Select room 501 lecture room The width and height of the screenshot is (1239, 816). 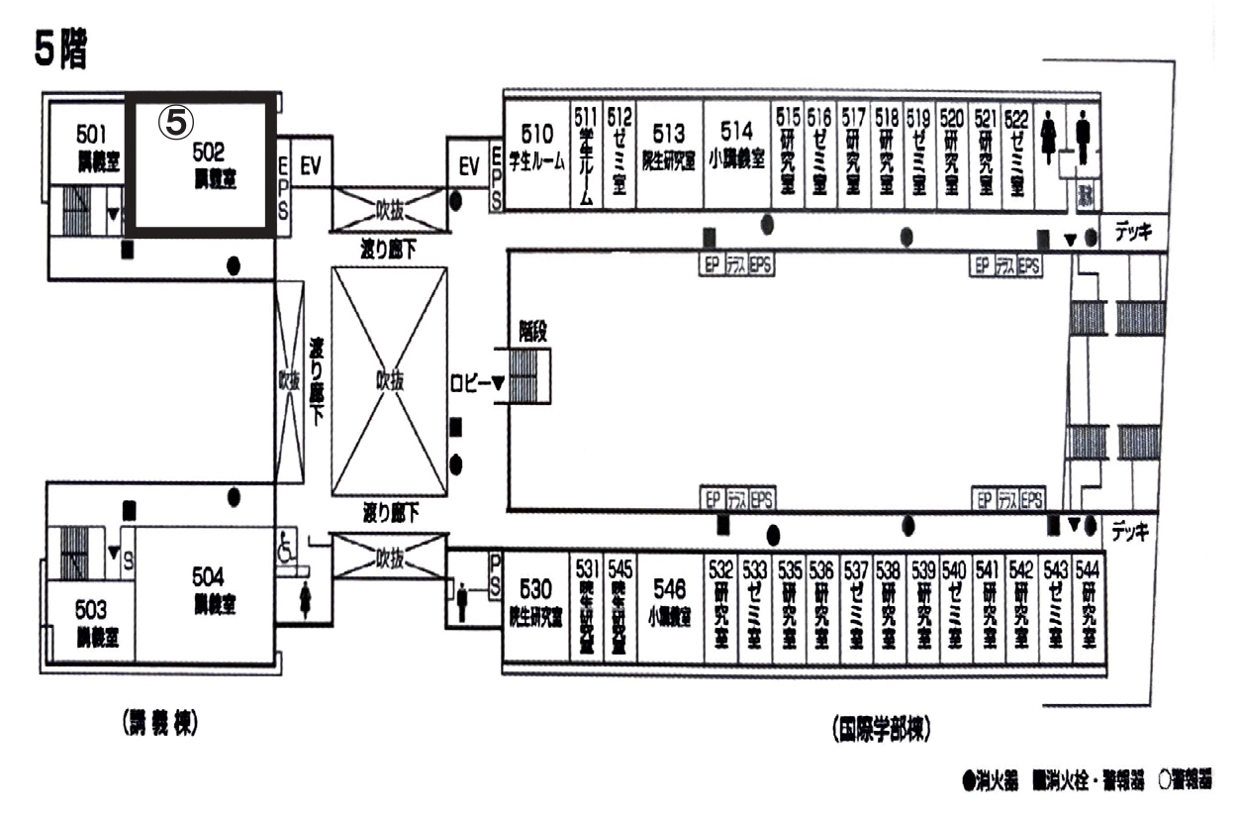(x=92, y=147)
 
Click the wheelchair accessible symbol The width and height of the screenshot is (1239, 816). (x=287, y=548)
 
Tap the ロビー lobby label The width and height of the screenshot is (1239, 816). (x=469, y=382)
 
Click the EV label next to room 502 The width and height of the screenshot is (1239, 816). (x=310, y=168)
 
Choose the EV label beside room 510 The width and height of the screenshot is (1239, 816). (x=469, y=168)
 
